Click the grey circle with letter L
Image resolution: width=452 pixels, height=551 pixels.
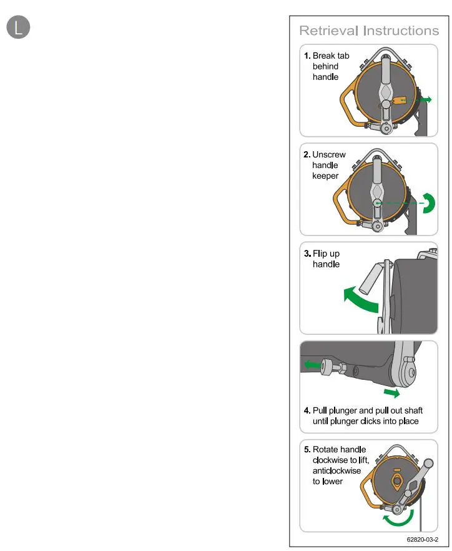(x=18, y=27)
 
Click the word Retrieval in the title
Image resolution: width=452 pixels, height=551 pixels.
(x=328, y=31)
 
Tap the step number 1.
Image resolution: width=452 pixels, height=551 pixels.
(x=307, y=56)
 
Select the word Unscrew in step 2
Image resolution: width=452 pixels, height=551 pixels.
(x=328, y=154)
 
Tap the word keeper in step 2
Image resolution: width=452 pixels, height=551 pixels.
(x=325, y=176)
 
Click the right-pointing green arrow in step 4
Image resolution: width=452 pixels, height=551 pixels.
(x=391, y=393)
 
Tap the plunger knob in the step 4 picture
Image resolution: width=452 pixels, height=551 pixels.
(x=327, y=369)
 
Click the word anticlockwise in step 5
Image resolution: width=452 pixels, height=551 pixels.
(x=337, y=470)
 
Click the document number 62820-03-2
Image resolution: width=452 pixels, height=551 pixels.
(x=422, y=538)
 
